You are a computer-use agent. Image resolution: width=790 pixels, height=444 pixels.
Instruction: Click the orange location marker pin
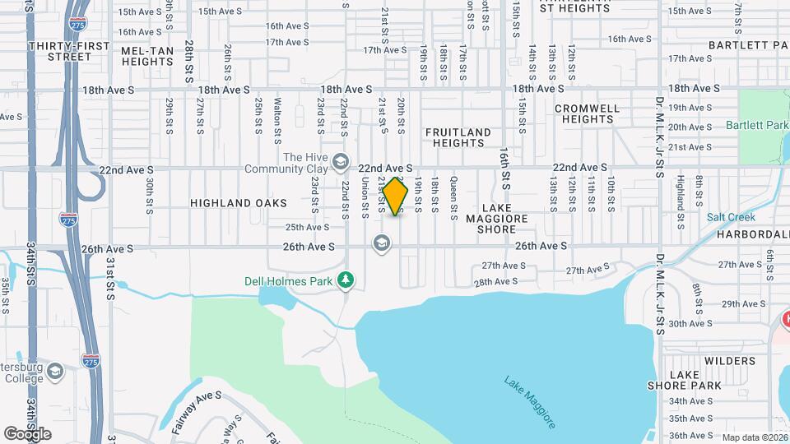click(x=396, y=197)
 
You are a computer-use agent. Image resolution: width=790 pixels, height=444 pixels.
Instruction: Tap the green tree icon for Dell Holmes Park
click(x=346, y=281)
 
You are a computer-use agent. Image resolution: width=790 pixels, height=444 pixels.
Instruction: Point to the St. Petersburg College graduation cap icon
click(x=55, y=372)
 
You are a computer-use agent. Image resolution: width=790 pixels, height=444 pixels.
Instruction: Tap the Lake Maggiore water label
click(x=531, y=402)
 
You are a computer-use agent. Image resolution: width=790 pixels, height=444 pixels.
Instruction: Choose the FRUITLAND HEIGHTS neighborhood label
click(x=458, y=137)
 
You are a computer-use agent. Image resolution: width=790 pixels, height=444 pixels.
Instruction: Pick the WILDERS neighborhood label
click(x=729, y=361)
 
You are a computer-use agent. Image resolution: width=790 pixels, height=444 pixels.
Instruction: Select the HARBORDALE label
click(x=753, y=234)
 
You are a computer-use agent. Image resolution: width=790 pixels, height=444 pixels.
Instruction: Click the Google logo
click(x=27, y=433)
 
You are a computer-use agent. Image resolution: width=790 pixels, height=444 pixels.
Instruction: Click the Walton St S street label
click(x=278, y=117)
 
